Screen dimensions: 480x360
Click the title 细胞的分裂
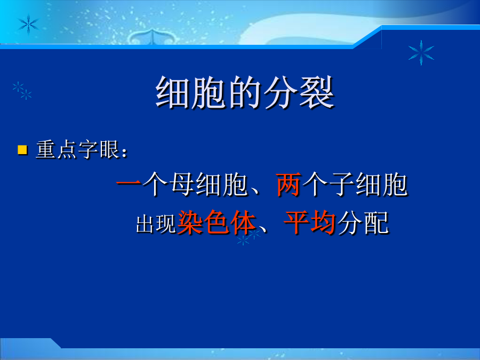[x=245, y=92]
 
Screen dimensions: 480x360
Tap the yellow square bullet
[x=22, y=150]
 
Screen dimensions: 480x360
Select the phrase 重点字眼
[x=77, y=150]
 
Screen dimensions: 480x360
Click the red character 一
[x=129, y=183]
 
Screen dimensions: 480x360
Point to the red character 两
[x=288, y=185]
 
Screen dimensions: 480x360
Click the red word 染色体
[x=217, y=222]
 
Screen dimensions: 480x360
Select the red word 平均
[x=310, y=222]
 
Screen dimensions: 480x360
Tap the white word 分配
[x=363, y=223]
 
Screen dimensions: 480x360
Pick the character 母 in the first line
[x=182, y=185]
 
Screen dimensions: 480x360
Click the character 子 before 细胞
[x=342, y=185]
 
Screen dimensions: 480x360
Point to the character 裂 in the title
[x=317, y=92]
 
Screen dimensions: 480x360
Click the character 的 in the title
[x=245, y=92]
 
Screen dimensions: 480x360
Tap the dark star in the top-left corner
[x=28, y=24]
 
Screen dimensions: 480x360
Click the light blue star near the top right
[x=421, y=53]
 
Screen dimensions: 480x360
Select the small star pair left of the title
[x=22, y=91]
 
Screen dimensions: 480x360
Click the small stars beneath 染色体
[x=249, y=237]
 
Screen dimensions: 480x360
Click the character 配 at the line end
[x=377, y=223]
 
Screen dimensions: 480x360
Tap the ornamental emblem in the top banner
[x=150, y=37]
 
